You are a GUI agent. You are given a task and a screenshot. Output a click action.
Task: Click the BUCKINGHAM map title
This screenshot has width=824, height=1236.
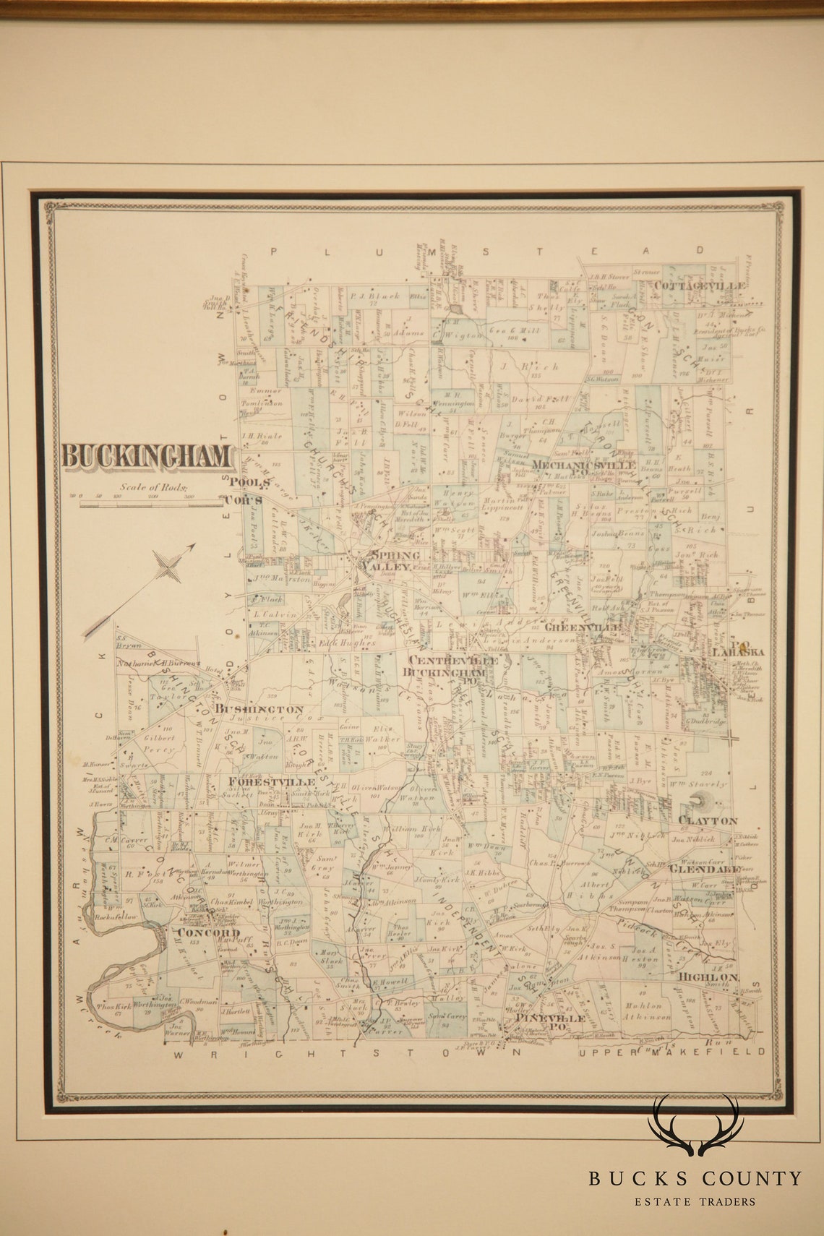point(147,457)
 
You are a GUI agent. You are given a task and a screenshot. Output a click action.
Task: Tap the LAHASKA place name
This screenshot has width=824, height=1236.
point(737,651)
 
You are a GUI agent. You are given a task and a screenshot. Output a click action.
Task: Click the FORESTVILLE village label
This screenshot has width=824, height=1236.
point(271,781)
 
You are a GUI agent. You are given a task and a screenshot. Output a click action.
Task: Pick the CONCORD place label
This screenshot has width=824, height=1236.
point(208,932)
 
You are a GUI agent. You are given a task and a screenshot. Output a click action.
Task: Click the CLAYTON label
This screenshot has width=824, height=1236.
point(707,820)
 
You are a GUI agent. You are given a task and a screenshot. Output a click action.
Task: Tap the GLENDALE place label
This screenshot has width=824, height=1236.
point(705,870)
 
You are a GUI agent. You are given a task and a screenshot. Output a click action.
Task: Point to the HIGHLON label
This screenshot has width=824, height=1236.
point(708,977)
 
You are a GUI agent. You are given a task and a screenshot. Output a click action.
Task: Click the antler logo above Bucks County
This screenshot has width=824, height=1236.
point(695,1127)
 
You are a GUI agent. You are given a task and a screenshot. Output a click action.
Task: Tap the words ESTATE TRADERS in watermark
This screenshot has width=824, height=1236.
point(695,1201)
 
